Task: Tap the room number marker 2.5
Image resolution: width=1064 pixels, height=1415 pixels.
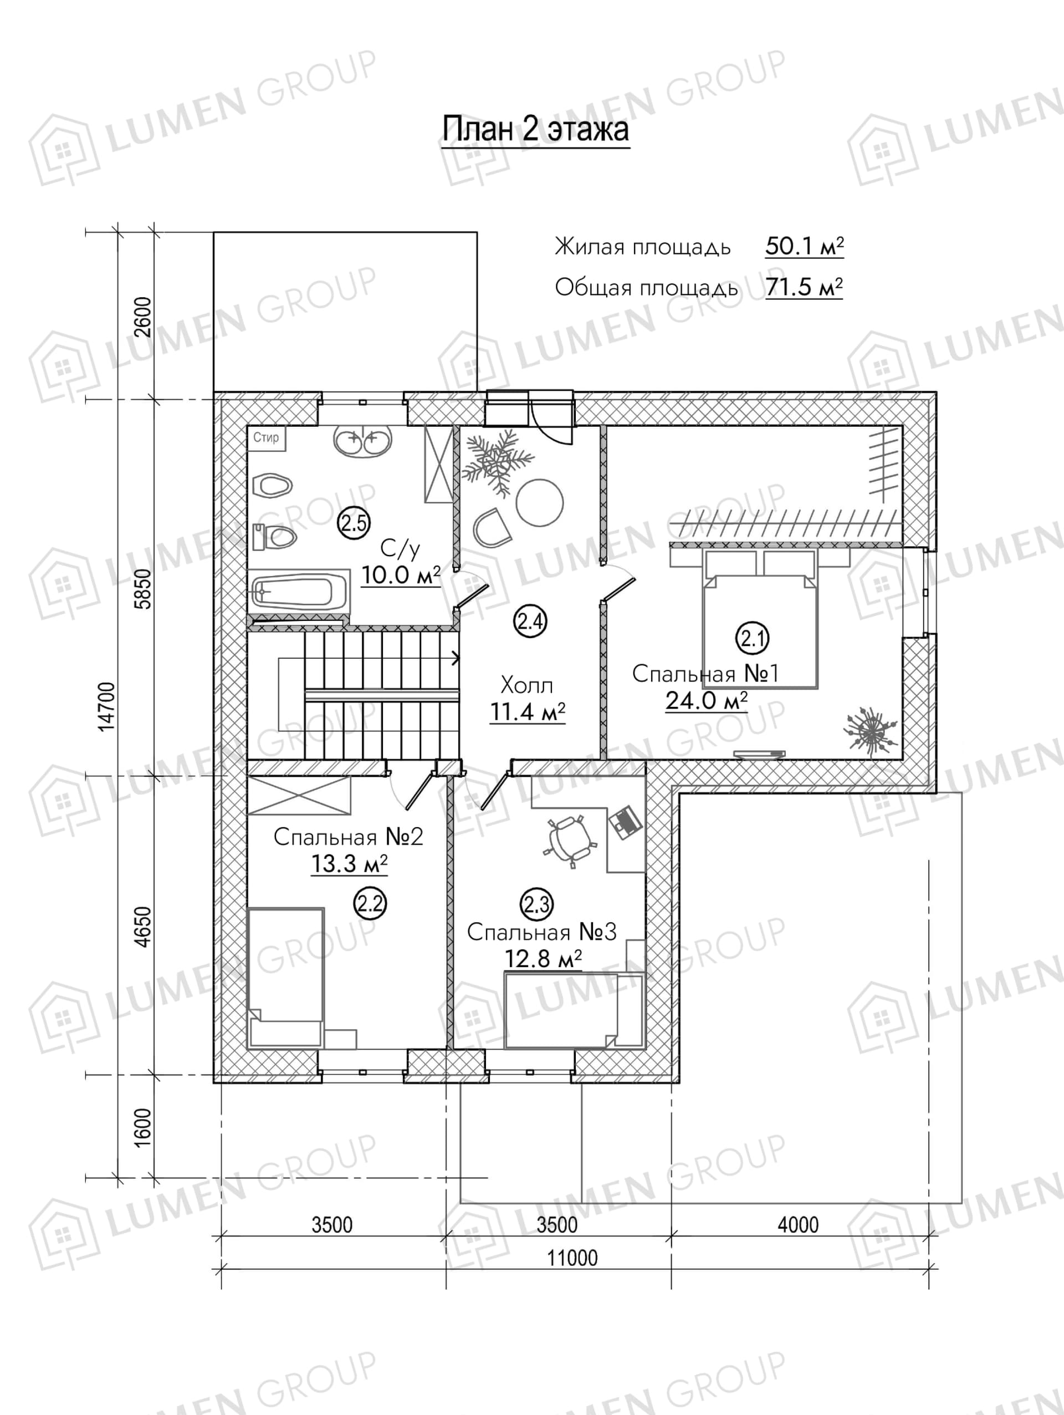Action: point(354,523)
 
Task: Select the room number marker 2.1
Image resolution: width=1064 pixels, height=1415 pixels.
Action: point(753,638)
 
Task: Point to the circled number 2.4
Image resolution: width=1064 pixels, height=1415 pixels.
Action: point(531,621)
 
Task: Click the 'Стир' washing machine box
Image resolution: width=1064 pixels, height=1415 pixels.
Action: point(267,438)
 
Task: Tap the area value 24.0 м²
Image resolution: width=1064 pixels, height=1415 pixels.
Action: point(707,700)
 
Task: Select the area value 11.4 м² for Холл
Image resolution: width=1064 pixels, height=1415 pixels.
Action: point(528,711)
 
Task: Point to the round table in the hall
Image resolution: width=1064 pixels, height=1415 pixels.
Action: point(540,503)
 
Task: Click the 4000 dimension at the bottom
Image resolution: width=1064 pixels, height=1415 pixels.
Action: point(798,1224)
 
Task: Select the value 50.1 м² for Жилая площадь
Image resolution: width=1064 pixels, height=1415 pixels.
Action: point(805,246)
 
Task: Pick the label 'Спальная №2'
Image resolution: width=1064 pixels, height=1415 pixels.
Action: point(349,837)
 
